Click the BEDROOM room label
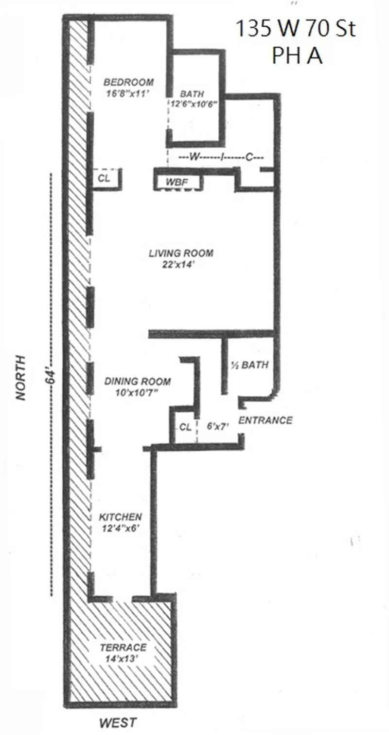(x=128, y=82)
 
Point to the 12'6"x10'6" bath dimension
(x=193, y=104)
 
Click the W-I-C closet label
(x=221, y=157)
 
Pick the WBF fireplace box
(x=177, y=183)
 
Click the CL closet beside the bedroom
(x=104, y=178)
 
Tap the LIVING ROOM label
(x=181, y=254)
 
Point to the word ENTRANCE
(x=265, y=420)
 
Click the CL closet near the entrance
(x=185, y=427)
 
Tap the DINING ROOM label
(x=138, y=381)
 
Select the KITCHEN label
(x=121, y=517)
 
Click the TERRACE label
(x=123, y=647)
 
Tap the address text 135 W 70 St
(x=296, y=30)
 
